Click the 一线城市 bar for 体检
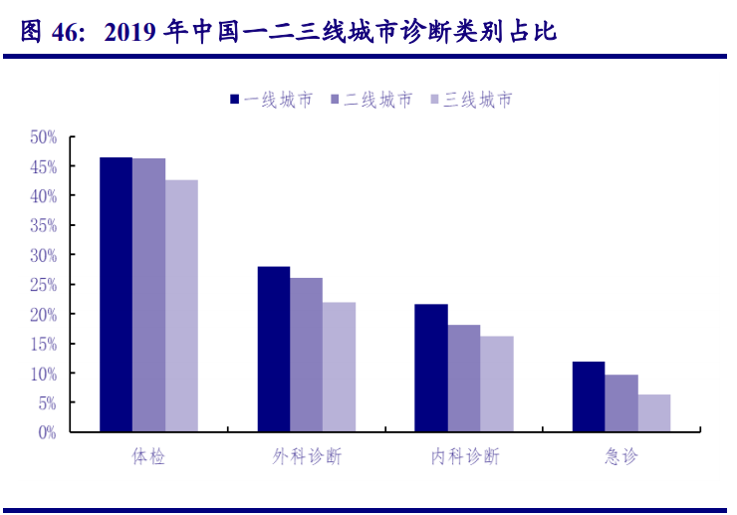pos(116,295)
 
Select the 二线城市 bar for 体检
pos(148,296)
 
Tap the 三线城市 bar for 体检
pos(181,306)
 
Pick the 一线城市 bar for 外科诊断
pos(274,350)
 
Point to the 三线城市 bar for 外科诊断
pos(339,368)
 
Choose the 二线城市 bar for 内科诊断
pos(464,379)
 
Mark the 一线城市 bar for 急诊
pos(589,397)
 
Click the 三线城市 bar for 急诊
pos(654,413)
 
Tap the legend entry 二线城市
pos(370,100)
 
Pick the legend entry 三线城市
pos(470,100)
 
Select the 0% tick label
pos(47,432)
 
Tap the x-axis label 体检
pos(148,457)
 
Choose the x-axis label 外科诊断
pos(307,457)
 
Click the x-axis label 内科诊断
pos(465,457)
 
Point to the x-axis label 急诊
pos(621,457)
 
